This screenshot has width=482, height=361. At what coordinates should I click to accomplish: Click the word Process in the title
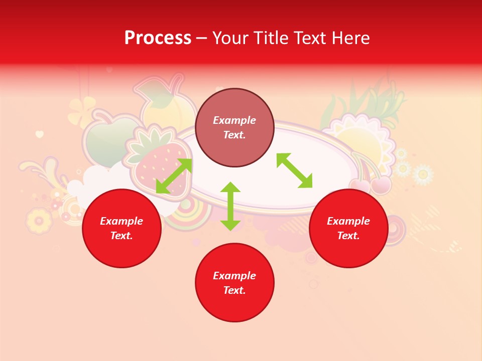(x=158, y=38)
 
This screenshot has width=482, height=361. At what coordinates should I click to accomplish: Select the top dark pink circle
(x=234, y=128)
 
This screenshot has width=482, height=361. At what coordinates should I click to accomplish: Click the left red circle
(x=122, y=228)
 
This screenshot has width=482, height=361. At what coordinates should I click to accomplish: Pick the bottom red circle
(x=234, y=283)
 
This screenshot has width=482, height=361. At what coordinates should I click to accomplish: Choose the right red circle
(x=348, y=228)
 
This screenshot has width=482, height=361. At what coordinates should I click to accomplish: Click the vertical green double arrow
(x=230, y=206)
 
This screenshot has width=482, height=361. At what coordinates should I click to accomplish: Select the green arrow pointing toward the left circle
(x=174, y=176)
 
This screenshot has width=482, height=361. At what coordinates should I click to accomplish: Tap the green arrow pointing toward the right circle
(x=294, y=170)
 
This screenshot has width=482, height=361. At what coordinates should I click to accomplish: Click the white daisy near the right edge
(x=423, y=174)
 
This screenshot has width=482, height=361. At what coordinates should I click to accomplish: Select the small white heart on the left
(x=40, y=134)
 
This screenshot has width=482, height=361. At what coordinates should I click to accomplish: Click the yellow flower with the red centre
(x=39, y=220)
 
